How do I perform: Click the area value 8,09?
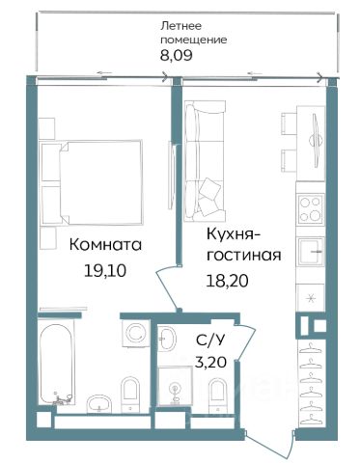pyautogui.click(x=177, y=55)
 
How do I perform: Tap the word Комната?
pyautogui.click(x=105, y=245)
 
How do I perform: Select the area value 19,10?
pyautogui.click(x=105, y=271)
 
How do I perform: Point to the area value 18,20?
pyautogui.click(x=228, y=282)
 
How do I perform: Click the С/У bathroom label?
pyautogui.click(x=209, y=340)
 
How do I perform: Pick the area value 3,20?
pyautogui.click(x=210, y=363)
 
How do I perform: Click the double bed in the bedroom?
pyautogui.click(x=91, y=182)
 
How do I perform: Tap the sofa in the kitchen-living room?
pyautogui.click(x=205, y=161)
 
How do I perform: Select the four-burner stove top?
pyautogui.click(x=311, y=209)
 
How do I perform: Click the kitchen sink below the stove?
pyautogui.click(x=311, y=252)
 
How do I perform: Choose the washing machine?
pyautogui.click(x=136, y=334)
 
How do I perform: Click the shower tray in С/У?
pyautogui.click(x=176, y=386)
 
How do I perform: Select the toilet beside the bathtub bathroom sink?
pyautogui.click(x=130, y=395)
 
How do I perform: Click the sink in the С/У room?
pyautogui.click(x=167, y=339)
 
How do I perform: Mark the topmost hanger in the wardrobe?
pyautogui.click(x=311, y=348)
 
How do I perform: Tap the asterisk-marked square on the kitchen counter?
pyautogui.click(x=311, y=299)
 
